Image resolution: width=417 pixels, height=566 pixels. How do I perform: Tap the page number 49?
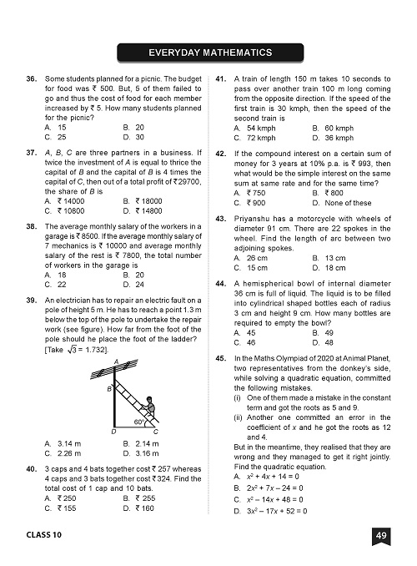click(x=380, y=535)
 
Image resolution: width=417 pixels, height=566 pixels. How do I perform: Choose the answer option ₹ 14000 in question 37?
click(x=71, y=202)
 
